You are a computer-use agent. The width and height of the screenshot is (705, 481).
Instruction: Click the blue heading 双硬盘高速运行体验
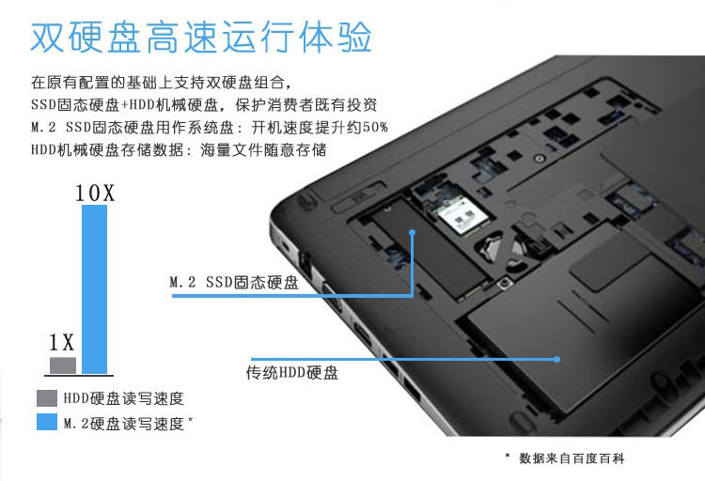point(201,37)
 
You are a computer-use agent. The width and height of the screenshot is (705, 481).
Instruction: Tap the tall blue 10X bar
point(94,289)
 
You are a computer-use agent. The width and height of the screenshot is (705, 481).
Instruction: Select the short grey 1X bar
point(63,365)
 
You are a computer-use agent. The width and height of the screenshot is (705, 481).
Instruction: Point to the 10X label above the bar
point(95,194)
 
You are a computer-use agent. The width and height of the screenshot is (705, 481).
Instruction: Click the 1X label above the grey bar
point(61,343)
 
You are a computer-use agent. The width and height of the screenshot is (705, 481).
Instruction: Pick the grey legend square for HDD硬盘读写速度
point(47,398)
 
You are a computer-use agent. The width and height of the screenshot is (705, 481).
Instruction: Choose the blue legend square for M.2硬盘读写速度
point(47,422)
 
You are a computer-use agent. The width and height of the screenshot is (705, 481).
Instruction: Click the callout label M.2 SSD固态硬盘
point(234,283)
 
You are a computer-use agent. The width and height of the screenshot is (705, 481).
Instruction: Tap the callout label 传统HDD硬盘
point(292,373)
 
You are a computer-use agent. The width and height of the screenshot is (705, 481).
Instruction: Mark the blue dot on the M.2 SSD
point(413,232)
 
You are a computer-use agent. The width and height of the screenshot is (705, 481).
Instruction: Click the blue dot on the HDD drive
point(557,359)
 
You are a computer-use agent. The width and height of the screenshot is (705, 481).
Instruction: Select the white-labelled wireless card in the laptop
point(463,217)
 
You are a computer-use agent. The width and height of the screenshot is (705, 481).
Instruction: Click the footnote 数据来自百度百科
point(572,458)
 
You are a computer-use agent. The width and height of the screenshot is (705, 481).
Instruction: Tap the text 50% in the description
point(375,128)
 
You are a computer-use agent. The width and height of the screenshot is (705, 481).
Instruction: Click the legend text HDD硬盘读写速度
point(124,398)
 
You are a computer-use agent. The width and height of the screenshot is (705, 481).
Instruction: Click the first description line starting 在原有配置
point(161,83)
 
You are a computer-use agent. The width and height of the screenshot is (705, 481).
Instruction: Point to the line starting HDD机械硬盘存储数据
point(179,149)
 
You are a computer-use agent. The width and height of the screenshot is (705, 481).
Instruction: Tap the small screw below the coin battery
point(506,283)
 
